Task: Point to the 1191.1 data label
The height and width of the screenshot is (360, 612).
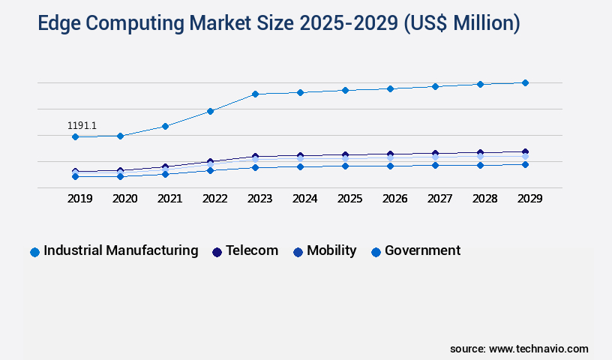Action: (82, 125)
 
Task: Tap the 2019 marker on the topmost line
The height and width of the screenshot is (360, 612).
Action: (75, 136)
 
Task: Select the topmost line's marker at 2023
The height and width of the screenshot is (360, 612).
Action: (255, 94)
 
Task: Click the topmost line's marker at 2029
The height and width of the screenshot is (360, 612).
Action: (525, 82)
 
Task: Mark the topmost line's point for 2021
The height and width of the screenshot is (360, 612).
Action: (165, 126)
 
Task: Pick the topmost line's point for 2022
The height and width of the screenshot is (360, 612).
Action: (210, 111)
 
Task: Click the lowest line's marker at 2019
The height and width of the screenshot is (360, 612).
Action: (75, 176)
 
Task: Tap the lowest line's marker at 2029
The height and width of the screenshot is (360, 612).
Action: (525, 164)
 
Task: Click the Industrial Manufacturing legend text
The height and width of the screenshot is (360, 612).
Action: (121, 250)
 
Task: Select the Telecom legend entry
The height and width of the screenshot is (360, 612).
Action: (252, 250)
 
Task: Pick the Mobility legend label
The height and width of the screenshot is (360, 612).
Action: (331, 250)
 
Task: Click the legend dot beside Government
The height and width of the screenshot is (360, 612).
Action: (376, 252)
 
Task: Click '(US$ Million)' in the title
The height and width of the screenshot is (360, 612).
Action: (462, 23)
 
